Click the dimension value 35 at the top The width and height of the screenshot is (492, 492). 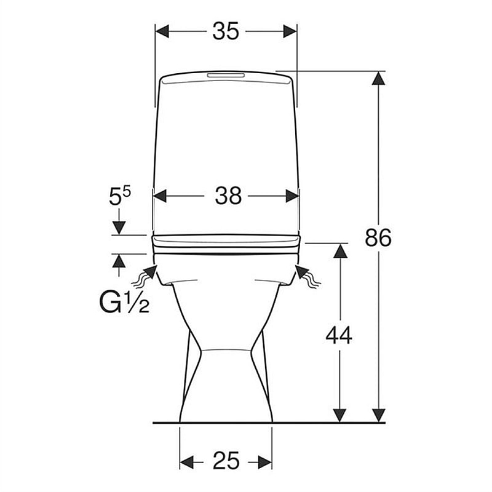pyautogui.click(x=226, y=31)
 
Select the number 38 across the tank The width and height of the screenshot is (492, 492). pyautogui.click(x=228, y=196)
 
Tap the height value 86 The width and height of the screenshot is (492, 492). pyautogui.click(x=378, y=237)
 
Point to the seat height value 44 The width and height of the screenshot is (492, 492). pyautogui.click(x=339, y=335)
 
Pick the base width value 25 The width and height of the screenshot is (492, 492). pyautogui.click(x=226, y=461)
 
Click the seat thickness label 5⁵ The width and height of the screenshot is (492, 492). pyautogui.click(x=119, y=196)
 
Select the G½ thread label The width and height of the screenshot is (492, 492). pyautogui.click(x=124, y=302)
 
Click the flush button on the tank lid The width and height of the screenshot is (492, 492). pyautogui.click(x=226, y=75)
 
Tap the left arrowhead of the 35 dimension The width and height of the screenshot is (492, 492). pyautogui.click(x=162, y=31)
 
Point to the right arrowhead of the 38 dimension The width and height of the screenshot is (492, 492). pyautogui.click(x=292, y=196)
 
